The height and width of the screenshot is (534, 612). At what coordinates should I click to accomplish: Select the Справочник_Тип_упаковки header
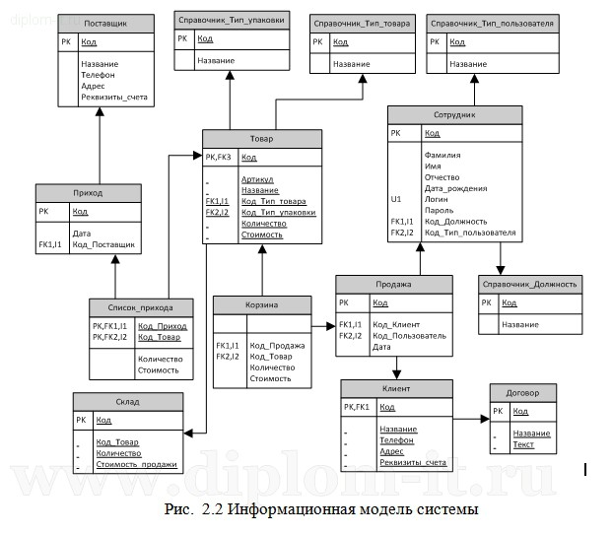(x=232, y=20)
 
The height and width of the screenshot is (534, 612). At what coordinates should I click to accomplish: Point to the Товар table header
(x=261, y=139)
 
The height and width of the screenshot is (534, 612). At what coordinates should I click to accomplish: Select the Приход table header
(x=89, y=193)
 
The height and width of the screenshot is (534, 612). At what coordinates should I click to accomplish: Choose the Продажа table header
(x=394, y=284)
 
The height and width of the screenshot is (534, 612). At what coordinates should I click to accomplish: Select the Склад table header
(x=127, y=401)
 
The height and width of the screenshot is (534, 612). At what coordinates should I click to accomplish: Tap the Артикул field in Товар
(x=258, y=180)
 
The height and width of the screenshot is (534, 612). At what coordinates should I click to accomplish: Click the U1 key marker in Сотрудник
(x=395, y=199)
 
